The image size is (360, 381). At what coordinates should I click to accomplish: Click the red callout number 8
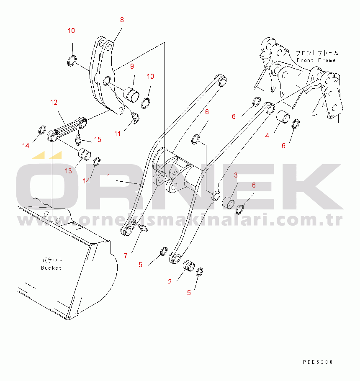click(122, 20)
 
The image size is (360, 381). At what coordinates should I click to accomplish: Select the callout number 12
click(54, 102)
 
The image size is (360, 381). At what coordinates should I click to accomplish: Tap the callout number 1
click(108, 176)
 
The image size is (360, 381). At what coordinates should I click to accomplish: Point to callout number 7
click(126, 256)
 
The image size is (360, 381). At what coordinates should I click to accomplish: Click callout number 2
click(170, 282)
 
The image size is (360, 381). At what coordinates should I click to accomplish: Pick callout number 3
click(236, 175)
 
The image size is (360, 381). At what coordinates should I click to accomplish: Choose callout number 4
click(267, 136)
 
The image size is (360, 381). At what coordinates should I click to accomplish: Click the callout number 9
click(132, 66)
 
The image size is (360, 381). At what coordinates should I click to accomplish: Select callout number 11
click(117, 134)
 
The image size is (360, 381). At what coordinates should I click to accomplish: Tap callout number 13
click(69, 171)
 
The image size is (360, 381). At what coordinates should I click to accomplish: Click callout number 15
click(98, 139)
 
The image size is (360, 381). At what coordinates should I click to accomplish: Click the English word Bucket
click(51, 268)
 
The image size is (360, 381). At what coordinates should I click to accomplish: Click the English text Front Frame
click(316, 60)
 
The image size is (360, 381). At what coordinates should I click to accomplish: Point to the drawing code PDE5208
click(318, 362)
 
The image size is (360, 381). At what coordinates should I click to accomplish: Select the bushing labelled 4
click(283, 117)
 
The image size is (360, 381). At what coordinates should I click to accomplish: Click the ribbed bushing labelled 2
click(188, 265)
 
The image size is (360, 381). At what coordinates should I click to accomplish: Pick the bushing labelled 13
click(85, 154)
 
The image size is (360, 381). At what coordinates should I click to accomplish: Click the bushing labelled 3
click(228, 203)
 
